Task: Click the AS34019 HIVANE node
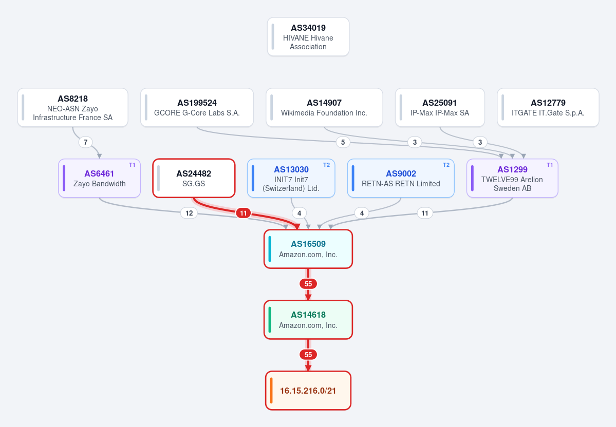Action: coord(308,37)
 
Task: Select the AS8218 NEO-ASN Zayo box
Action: coord(72,108)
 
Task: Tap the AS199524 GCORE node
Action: coord(197,108)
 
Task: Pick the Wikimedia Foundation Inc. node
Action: coord(324,108)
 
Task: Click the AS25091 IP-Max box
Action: coord(440,108)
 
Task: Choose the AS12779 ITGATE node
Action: coord(548,108)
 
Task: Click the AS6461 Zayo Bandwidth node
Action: coord(99,178)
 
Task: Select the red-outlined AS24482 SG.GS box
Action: coord(194,178)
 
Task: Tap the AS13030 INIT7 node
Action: coord(291,178)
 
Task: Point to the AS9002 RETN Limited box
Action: coord(401,178)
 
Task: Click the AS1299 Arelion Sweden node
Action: coord(512,178)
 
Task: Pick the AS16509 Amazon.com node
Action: coord(308,249)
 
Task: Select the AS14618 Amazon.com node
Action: coord(308,320)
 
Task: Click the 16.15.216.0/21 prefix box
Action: coord(308,391)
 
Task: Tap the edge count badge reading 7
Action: coord(86,142)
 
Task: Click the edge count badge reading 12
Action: coord(189,213)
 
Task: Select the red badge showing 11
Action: coord(243,213)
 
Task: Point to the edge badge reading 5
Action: coord(343,142)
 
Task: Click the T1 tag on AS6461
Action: coord(132,165)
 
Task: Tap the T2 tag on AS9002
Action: coord(446,165)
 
